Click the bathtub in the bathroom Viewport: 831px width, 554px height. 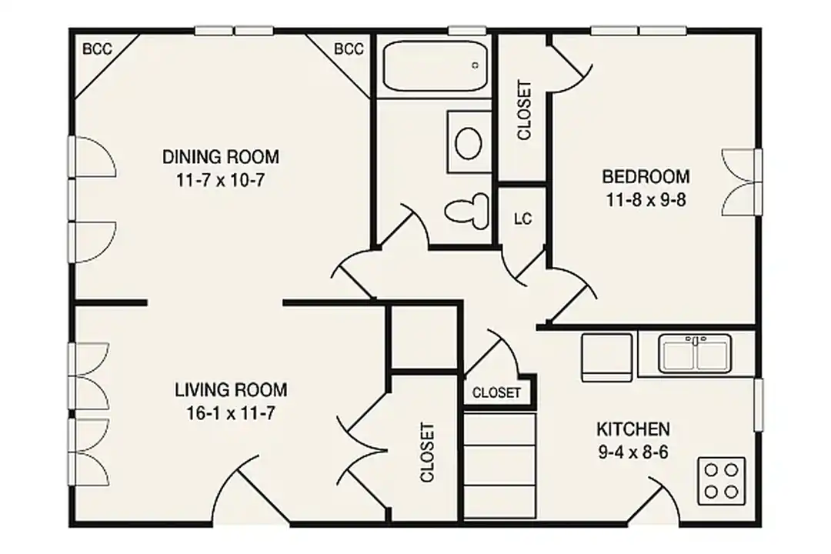pos(435,66)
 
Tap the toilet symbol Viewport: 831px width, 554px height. pos(467,211)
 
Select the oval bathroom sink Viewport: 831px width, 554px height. pos(469,142)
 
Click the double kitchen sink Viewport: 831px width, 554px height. pos(696,353)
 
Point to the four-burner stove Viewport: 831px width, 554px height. pos(721,481)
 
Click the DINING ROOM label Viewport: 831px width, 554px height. pos(221,157)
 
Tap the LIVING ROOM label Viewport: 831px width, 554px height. pos(231,390)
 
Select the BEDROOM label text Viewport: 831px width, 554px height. pos(646,176)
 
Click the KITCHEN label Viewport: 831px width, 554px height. pos(633,429)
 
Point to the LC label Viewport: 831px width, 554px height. pos(523,219)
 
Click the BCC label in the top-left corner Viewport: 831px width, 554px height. pos(98,49)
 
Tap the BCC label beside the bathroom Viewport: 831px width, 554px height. pos(349,49)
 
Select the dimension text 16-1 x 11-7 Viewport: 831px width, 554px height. pos(231,413)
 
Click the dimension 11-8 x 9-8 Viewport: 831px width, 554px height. pos(646,200)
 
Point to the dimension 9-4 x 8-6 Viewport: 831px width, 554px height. pos(633,452)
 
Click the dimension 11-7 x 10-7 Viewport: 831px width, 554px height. pos(221,180)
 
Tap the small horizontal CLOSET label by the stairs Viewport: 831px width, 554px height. pos(496,393)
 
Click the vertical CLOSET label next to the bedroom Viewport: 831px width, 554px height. pos(524,110)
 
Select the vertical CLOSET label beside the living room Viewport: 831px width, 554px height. pos(427,452)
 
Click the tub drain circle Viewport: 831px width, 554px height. pos(476,65)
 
